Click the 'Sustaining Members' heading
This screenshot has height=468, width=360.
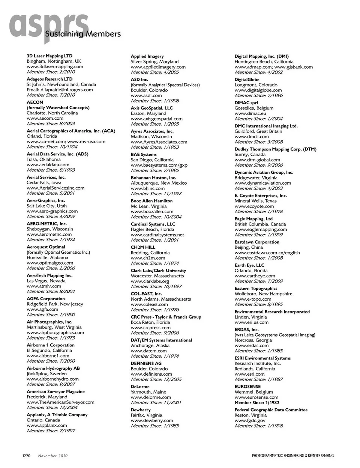pyautogui.click(x=83, y=35)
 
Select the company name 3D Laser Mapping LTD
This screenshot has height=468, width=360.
pyautogui.click(x=49, y=56)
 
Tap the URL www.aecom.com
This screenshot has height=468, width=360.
pyautogui.click(x=45, y=118)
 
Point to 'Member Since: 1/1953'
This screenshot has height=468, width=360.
pyautogui.click(x=154, y=147)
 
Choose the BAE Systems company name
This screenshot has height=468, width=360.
pyautogui.click(x=144, y=155)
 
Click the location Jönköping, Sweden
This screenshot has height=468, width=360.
pyautogui.click(x=46, y=374)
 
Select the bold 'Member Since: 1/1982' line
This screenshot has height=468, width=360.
pyautogui.click(x=257, y=402)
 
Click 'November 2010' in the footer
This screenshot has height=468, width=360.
pyautogui.click(x=53, y=456)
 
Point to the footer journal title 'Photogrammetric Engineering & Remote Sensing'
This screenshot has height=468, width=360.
pyautogui.click(x=292, y=456)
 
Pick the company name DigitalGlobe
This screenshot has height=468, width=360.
pyautogui.click(x=247, y=80)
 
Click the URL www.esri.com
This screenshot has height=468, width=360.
pyautogui.click(x=249, y=374)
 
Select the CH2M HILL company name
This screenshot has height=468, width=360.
pyautogui.click(x=143, y=247)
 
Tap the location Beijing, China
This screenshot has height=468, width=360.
pyautogui.click(x=249, y=247)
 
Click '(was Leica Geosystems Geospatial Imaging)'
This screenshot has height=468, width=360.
pyautogui.click(x=275, y=335)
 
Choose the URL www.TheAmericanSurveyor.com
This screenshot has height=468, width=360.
pyautogui.click(x=60, y=402)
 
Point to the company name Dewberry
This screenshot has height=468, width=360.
pyautogui.click(x=141, y=410)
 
